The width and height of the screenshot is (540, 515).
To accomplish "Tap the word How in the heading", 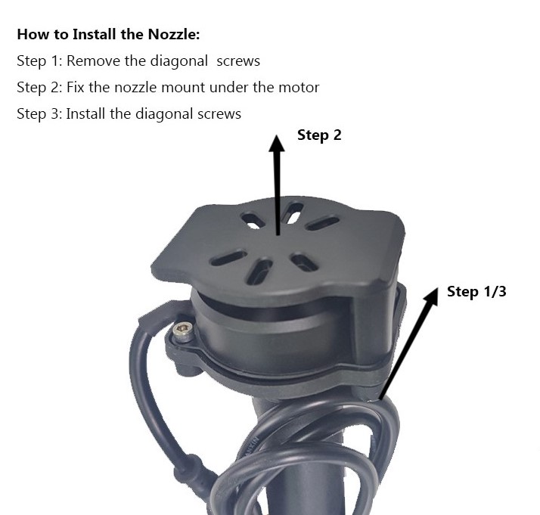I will coord(33,34).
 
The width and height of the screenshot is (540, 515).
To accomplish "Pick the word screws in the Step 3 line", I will coord(219,114).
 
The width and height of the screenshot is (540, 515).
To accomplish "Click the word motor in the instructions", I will coord(299,88).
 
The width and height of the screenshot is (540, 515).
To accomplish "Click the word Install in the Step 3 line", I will coord(88,114).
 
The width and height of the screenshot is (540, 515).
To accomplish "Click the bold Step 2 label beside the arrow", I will coord(319,135).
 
